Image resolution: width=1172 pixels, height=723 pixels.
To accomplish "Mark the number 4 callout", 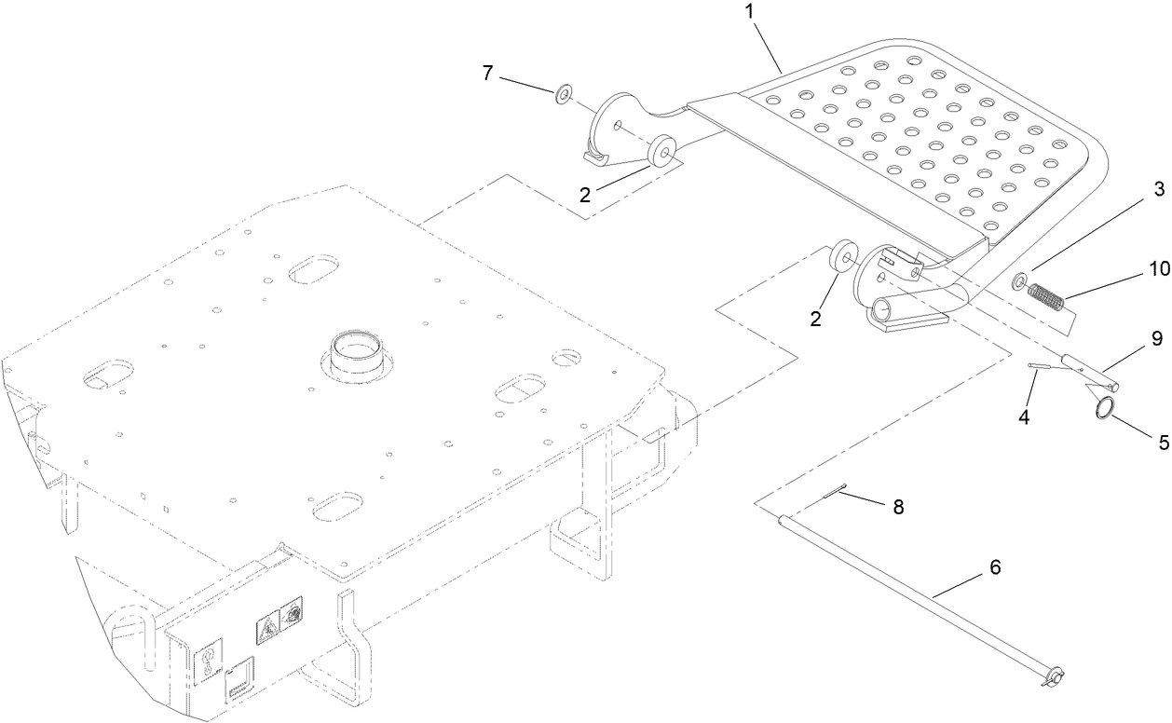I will pos(1023,418).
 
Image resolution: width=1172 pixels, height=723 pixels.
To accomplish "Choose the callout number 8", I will pos(897,507).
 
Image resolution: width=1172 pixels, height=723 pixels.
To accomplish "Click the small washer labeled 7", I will pos(564,94).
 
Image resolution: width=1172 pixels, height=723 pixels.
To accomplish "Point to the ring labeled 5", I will pos(1105,409).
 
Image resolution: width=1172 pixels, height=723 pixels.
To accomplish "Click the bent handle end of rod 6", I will pos(1054,675).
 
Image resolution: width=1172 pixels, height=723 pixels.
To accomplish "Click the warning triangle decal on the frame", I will pos(266,631).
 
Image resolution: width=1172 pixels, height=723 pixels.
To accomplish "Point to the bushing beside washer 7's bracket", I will pos(663,149).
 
